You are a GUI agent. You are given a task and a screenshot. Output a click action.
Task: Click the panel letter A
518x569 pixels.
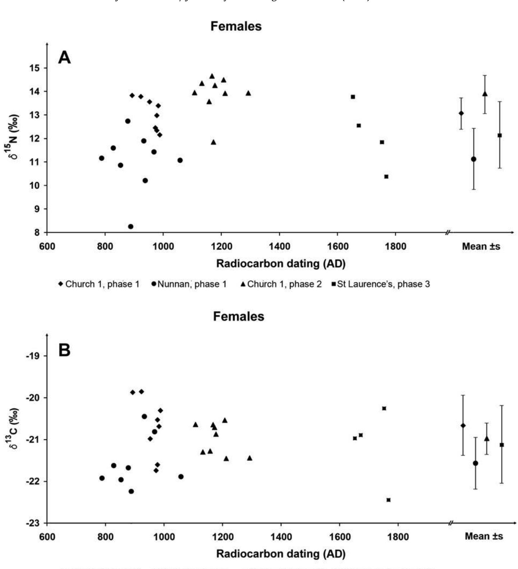(64, 57)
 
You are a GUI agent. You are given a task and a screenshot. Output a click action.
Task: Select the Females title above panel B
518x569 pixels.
(239, 316)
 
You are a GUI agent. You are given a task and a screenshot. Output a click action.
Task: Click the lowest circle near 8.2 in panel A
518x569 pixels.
(131, 226)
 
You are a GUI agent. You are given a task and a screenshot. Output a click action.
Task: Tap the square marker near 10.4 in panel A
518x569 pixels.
(386, 176)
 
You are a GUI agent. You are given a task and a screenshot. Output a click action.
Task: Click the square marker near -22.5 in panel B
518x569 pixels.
(388, 500)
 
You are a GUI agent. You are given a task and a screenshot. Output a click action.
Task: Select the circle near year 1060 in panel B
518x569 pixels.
(181, 476)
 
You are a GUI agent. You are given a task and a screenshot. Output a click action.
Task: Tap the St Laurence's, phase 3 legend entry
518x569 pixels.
(381, 284)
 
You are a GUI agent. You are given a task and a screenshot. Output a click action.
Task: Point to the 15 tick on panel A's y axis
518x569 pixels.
(37, 68)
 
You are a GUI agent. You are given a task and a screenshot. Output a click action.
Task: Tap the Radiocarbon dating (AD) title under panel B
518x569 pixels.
(281, 554)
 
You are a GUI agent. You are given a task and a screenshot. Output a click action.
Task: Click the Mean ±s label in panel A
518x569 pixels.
(481, 246)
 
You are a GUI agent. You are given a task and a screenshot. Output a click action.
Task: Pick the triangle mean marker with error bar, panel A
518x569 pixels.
(485, 94)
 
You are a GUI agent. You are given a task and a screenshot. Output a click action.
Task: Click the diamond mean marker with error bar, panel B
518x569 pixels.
(463, 426)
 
